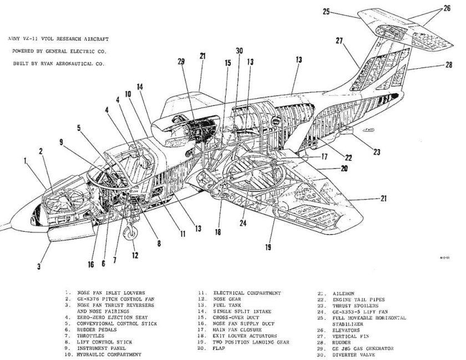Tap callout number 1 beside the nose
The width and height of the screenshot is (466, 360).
[x=26, y=161]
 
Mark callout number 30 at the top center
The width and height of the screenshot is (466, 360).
[x=239, y=51]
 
